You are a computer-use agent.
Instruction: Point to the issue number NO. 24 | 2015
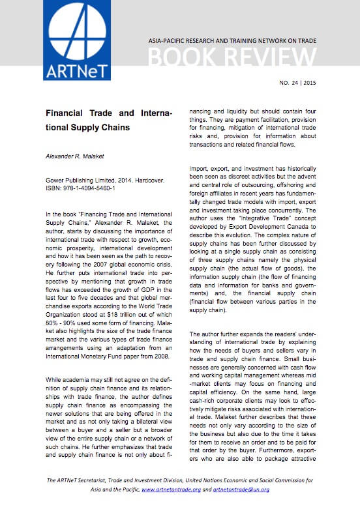coord(297,83)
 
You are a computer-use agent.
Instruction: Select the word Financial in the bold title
coord(70,113)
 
